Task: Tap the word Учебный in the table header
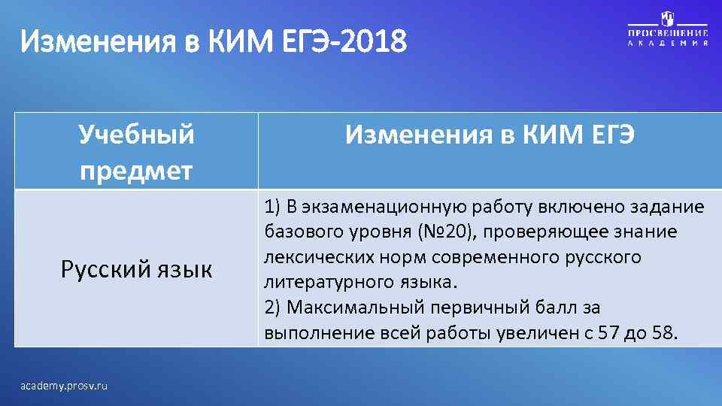click(x=136, y=135)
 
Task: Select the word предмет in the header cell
click(x=136, y=170)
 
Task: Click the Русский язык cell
click(x=136, y=269)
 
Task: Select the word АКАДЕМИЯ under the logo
click(x=668, y=44)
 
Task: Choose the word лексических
click(x=308, y=257)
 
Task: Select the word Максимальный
click(x=353, y=308)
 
